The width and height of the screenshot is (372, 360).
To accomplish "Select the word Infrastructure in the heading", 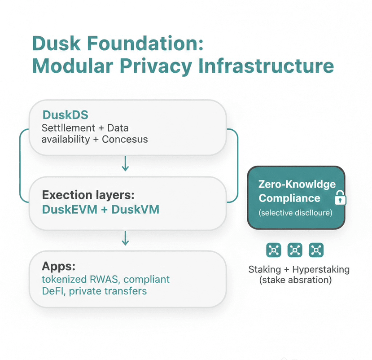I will (267, 66).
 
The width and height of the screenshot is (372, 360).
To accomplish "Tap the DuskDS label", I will (65, 115).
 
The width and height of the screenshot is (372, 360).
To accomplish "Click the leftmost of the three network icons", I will (273, 250).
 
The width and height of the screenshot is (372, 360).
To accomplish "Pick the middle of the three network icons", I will (294, 250).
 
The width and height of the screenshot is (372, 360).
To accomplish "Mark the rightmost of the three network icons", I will (316, 250).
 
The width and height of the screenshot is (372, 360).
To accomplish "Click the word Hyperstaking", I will (320, 270).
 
